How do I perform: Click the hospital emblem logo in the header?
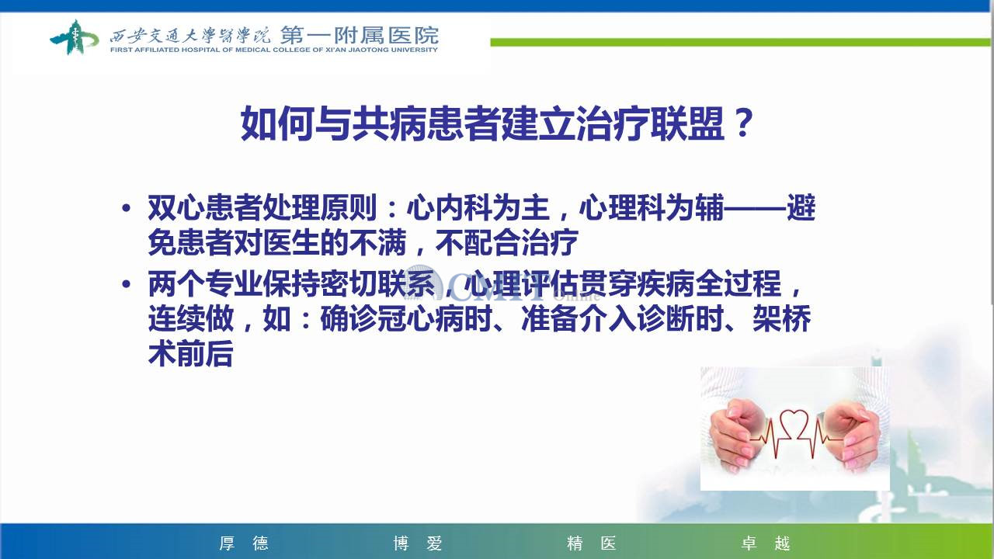point(74,37)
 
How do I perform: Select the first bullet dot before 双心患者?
point(127,207)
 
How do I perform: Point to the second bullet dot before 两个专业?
point(127,283)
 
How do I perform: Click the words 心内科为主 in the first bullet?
point(478,207)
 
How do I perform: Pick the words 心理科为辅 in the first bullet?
point(652,207)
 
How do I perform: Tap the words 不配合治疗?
point(507,242)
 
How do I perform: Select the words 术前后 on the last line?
point(191,353)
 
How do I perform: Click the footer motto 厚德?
point(244,543)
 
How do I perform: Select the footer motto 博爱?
point(418,543)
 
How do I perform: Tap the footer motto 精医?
point(592,543)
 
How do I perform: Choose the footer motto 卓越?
point(766,543)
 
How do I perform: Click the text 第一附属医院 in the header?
point(360,35)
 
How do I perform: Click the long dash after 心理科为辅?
point(756,207)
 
